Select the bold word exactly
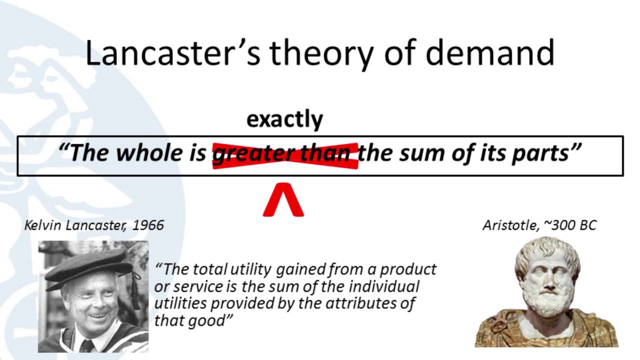coord(284,119)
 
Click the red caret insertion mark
coord(283,199)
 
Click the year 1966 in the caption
coord(148,225)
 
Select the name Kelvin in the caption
coord(41,225)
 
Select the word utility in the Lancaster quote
coord(248,269)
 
